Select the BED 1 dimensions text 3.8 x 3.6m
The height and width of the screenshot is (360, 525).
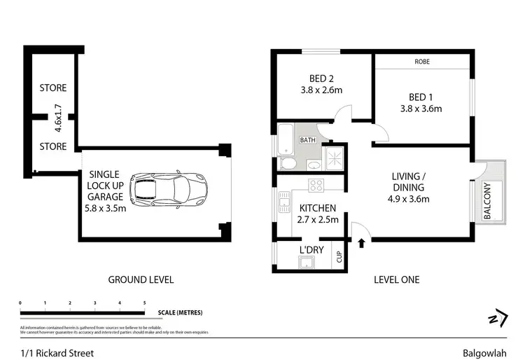[420, 109]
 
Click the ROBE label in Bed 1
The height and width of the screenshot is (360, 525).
[421, 62]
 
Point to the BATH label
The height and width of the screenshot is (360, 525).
[308, 140]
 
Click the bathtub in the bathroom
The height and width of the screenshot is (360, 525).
[286, 139]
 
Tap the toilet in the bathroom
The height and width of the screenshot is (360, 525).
[287, 164]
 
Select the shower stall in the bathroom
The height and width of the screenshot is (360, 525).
[334, 156]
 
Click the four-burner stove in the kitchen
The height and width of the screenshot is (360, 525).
[316, 186]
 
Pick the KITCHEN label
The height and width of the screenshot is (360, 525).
[318, 208]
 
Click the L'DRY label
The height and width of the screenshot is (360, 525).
[310, 250]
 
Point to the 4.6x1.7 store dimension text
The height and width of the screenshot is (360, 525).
[59, 118]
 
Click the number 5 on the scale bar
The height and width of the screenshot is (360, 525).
[144, 303]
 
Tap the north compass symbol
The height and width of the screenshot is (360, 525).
[496, 317]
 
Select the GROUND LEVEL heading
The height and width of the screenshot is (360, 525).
[141, 279]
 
